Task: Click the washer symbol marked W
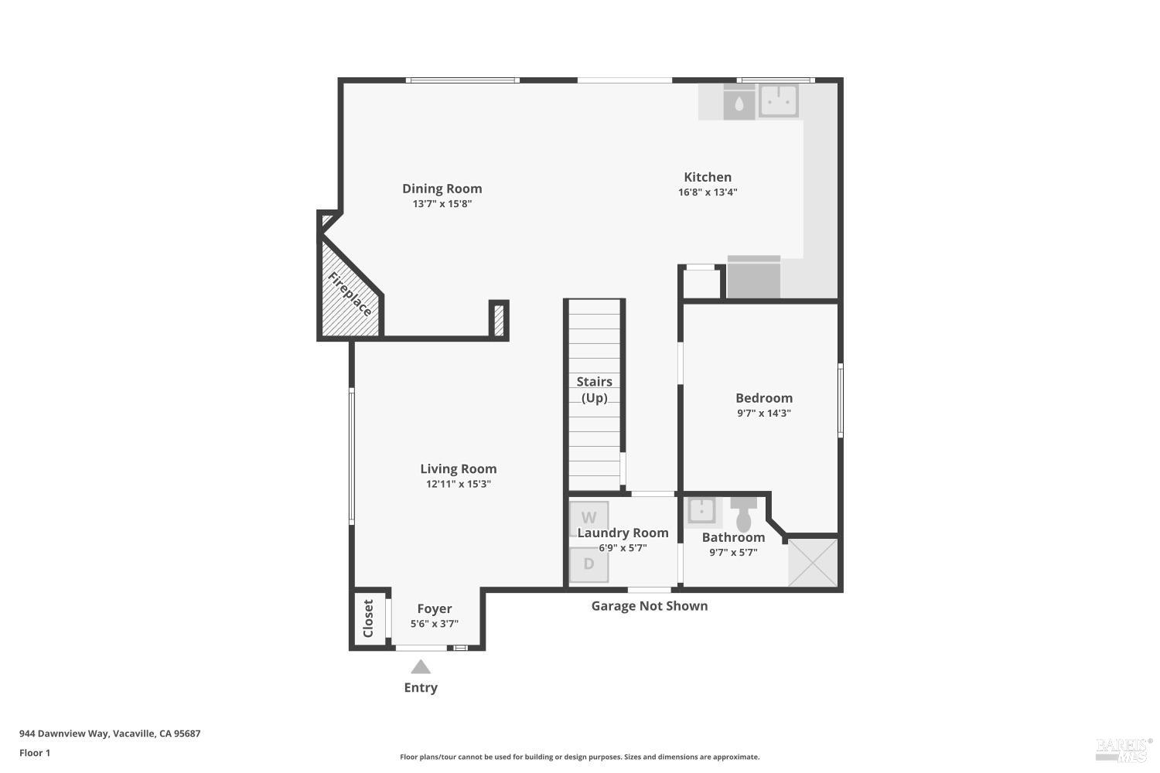click(589, 517)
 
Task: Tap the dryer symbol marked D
click(589, 564)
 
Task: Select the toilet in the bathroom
click(744, 514)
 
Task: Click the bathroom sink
click(702, 511)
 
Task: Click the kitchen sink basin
click(778, 100)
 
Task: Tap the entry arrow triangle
click(421, 666)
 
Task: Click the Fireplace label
click(350, 295)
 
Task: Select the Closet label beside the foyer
click(368, 618)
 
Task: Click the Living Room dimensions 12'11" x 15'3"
click(459, 485)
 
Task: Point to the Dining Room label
click(442, 189)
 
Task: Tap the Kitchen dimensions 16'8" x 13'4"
click(708, 192)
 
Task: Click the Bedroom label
click(764, 398)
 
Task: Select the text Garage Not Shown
click(650, 606)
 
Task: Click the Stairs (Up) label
click(594, 390)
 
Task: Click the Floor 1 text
click(35, 753)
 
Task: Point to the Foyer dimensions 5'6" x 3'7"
click(435, 624)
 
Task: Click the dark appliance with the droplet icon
click(739, 103)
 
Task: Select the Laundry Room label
click(623, 533)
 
